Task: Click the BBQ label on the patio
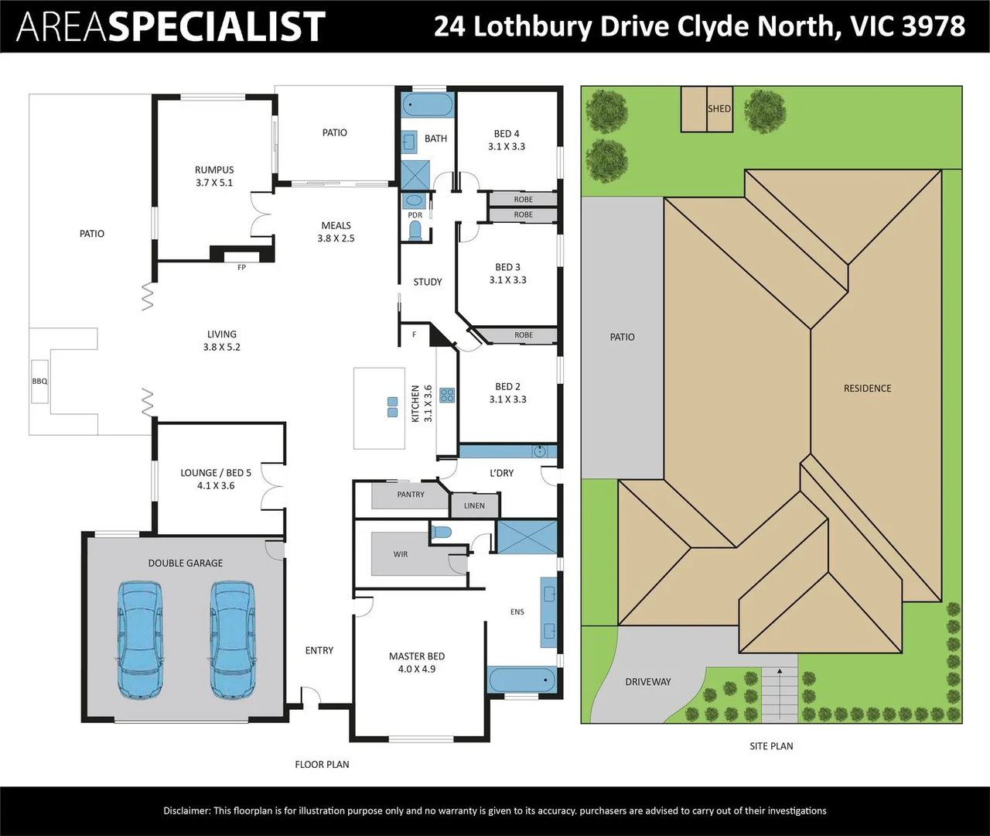coord(39,381)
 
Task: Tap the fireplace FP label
coord(241,267)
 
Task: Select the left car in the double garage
coord(140,640)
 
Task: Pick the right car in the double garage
coord(233,640)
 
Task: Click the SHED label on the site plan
coord(719,108)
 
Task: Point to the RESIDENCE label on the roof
coord(867,388)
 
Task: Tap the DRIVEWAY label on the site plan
coord(647,682)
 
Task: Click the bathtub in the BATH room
coord(428,104)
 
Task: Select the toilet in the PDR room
coord(415,231)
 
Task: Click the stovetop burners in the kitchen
coord(447,396)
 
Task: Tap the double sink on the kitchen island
coord(392,407)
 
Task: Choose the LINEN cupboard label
coord(474,505)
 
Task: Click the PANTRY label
coord(411,495)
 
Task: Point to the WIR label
coord(400,553)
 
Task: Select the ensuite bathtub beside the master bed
coord(522,680)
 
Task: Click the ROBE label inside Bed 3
coord(524,335)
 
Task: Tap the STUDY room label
coord(427,282)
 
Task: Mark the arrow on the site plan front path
coord(780,694)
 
